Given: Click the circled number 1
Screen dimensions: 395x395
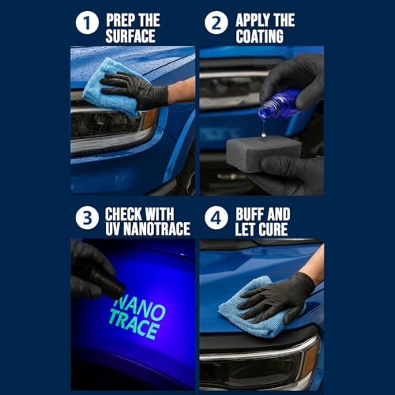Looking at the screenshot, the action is (x=87, y=23).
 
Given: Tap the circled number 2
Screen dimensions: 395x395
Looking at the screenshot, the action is (x=216, y=23).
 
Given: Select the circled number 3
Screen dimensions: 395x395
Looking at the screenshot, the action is (x=87, y=218).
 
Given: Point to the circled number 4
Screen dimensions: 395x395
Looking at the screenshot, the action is (x=216, y=218).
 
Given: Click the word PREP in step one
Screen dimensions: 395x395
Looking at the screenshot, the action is (x=120, y=20).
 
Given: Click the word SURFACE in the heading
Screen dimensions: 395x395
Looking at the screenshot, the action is (x=130, y=36).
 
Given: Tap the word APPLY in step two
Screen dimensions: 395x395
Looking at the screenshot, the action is (x=253, y=20).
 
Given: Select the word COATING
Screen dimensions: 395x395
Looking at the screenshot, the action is (x=260, y=36).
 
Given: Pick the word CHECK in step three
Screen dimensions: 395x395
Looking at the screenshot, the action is (x=123, y=214).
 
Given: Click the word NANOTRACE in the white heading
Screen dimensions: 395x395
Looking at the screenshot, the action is (x=157, y=228).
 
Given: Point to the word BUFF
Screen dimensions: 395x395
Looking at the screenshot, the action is (x=249, y=214).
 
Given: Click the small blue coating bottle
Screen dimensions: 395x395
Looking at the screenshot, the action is (x=279, y=104).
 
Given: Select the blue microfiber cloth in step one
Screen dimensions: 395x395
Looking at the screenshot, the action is (x=113, y=87).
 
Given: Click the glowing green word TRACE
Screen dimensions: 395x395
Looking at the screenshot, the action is (x=134, y=325).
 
